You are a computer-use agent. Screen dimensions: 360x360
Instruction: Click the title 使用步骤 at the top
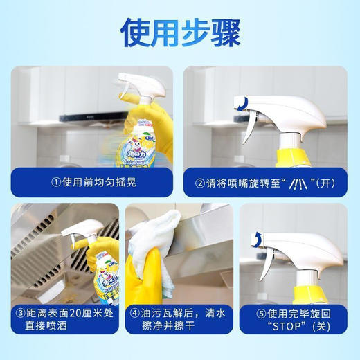pos(179,31)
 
